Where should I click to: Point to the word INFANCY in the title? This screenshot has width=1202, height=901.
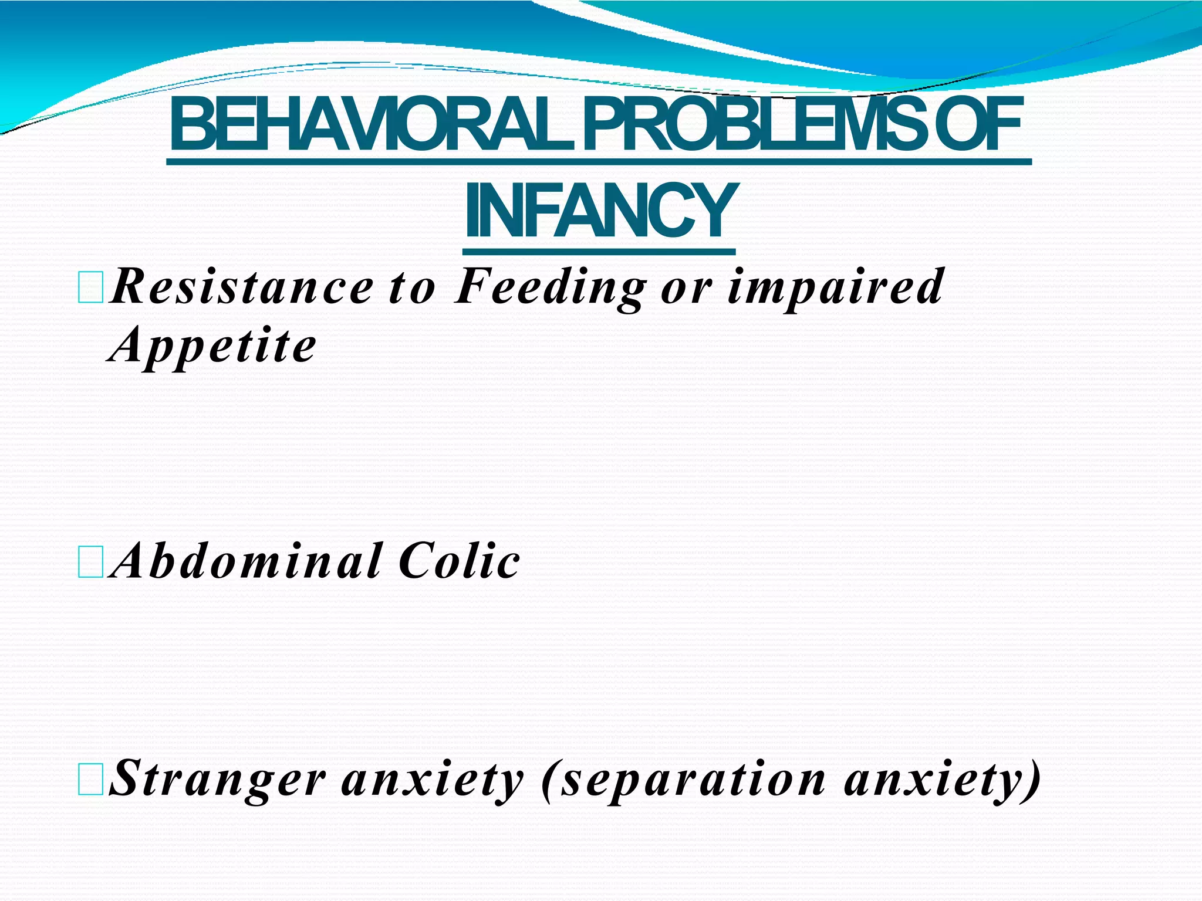point(599,212)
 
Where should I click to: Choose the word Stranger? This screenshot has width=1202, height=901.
point(217,780)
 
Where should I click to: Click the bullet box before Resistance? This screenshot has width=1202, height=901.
point(90,287)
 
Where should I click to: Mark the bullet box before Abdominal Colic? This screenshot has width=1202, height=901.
point(90,562)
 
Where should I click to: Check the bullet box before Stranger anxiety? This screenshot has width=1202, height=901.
point(90,780)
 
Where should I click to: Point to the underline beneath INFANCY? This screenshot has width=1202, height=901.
point(599,252)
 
